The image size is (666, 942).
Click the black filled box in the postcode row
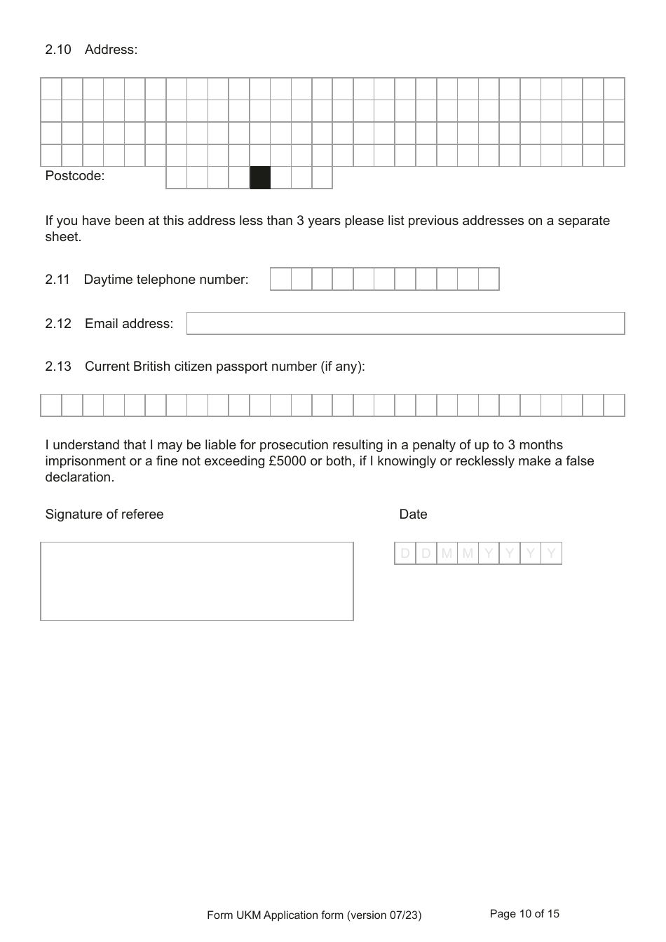[x=260, y=178]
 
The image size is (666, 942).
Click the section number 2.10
[x=58, y=50]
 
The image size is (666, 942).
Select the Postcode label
[x=74, y=176]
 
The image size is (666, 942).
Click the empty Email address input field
[x=405, y=323]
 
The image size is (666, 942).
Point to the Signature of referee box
[x=197, y=581]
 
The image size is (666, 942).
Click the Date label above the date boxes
[x=413, y=514]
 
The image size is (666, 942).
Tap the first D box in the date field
[x=405, y=554]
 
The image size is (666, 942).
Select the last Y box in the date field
[x=552, y=554]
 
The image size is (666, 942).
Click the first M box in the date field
[x=447, y=554]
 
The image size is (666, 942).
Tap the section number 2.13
[x=58, y=367]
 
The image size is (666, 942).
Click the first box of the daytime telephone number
[x=280, y=279]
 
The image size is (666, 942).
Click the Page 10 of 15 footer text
[x=524, y=914]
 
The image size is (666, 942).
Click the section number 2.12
[x=58, y=324]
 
